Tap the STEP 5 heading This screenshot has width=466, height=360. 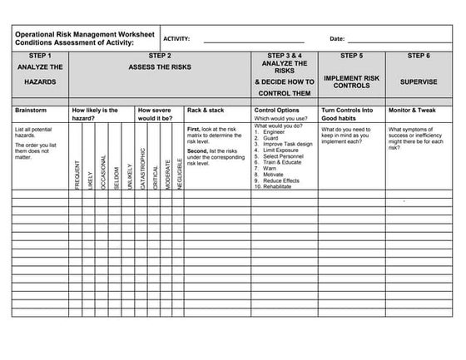pyautogui.click(x=351, y=55)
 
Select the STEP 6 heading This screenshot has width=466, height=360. pyautogui.click(x=419, y=55)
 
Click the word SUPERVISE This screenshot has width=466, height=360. pyautogui.click(x=419, y=82)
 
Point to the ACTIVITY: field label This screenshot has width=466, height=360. pyautogui.click(x=176, y=39)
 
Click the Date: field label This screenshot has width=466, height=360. pyautogui.click(x=337, y=39)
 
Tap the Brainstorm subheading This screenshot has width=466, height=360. pyautogui.click(x=32, y=110)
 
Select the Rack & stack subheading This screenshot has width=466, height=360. pyautogui.click(x=206, y=110)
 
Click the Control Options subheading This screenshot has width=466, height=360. pyautogui.click(x=277, y=110)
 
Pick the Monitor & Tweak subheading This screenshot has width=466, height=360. pyautogui.click(x=414, y=110)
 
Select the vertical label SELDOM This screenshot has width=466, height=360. pyautogui.click(x=116, y=176)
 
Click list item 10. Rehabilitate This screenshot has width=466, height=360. pyautogui.click(x=274, y=186)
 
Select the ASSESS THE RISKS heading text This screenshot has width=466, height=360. pyautogui.click(x=159, y=66)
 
